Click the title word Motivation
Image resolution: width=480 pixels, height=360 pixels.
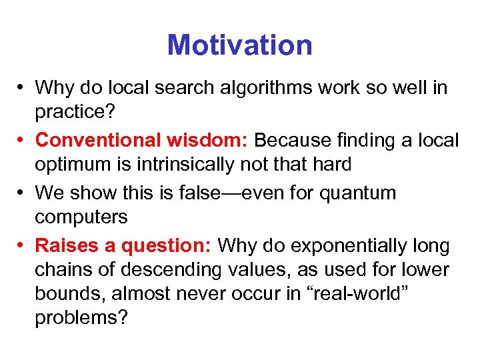[239, 45]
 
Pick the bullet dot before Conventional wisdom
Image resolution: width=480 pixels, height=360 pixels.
[22, 141]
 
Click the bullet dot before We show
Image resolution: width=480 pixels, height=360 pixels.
[22, 193]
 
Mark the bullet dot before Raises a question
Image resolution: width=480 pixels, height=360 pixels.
[22, 246]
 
